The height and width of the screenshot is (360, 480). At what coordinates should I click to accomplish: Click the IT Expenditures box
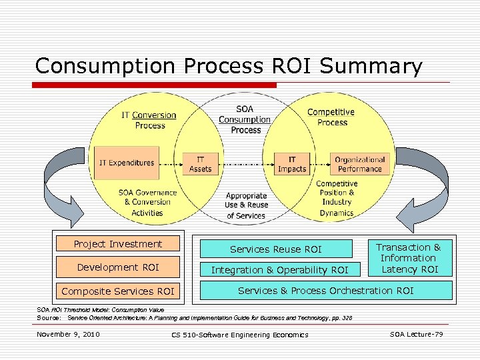[126, 163]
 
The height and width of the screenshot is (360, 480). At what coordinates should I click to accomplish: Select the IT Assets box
[200, 164]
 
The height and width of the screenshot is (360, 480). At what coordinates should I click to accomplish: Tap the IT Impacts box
[292, 164]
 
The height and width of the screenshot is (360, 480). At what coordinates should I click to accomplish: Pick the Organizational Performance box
[360, 164]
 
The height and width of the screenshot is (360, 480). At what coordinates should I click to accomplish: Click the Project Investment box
[118, 244]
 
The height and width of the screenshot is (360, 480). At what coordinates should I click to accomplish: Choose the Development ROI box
[118, 267]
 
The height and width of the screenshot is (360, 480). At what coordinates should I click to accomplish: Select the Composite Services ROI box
[118, 291]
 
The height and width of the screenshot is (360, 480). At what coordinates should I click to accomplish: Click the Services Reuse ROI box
[275, 249]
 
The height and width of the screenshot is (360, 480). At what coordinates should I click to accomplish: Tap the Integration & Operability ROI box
[279, 270]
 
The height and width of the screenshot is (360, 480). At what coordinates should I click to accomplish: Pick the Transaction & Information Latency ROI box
[409, 258]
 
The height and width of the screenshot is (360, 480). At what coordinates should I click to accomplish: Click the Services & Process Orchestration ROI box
[325, 290]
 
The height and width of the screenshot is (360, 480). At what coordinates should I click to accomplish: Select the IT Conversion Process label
[149, 120]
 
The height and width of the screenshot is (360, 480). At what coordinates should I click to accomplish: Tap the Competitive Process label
[331, 117]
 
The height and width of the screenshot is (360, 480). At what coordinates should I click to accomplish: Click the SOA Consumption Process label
[245, 119]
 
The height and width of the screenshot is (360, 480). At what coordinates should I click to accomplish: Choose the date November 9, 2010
[68, 333]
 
